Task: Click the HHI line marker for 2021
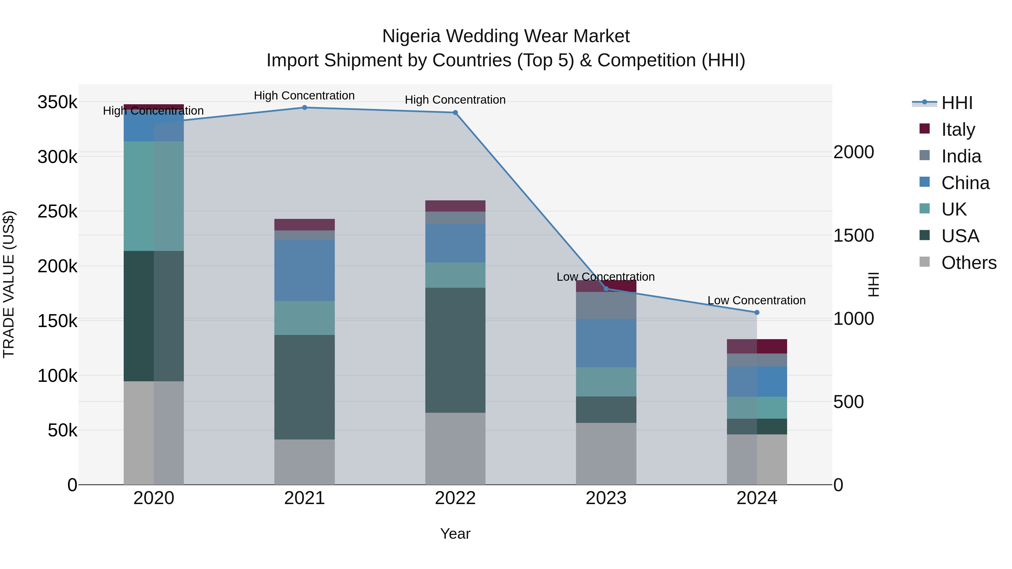click(x=304, y=108)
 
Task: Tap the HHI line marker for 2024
click(x=757, y=312)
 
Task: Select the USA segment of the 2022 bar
click(x=455, y=350)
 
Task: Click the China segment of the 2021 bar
click(x=304, y=271)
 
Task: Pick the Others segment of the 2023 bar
click(x=606, y=454)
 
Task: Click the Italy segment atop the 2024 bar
click(x=757, y=346)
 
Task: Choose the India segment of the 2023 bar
click(x=606, y=305)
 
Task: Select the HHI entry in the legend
click(x=956, y=103)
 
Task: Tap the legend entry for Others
click(x=968, y=263)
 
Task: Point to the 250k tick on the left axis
click(x=57, y=212)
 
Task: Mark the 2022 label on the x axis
click(x=455, y=498)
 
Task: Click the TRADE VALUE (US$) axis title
click(x=9, y=284)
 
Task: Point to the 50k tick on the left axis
click(x=62, y=431)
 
